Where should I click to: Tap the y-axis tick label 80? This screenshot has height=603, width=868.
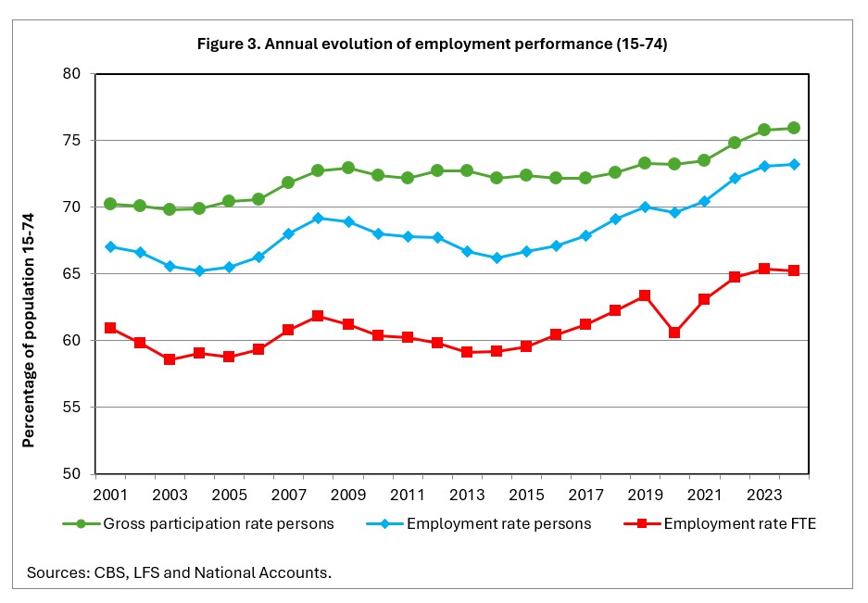click(x=72, y=74)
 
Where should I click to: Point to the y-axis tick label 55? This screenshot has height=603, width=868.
click(x=72, y=408)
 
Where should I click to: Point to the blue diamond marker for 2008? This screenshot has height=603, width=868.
click(x=318, y=218)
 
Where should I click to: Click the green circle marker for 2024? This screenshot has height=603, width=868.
click(x=794, y=128)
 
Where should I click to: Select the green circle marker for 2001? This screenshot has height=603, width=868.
click(x=110, y=204)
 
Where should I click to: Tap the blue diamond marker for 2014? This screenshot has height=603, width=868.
click(x=497, y=258)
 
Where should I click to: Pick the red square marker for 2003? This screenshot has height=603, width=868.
click(x=170, y=359)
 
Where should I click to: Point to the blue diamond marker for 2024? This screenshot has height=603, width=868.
click(x=794, y=164)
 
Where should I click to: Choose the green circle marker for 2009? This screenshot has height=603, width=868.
click(x=347, y=168)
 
